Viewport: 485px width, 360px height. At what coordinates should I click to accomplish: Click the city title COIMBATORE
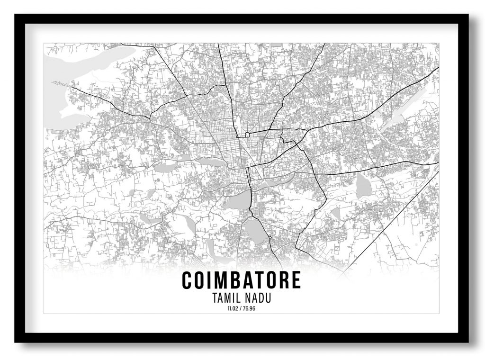coord(241,280)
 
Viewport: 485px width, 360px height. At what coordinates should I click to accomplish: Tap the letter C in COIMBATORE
coord(187,280)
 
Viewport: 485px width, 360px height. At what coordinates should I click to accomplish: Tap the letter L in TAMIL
coord(240,299)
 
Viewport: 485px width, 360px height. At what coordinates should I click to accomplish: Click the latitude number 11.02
coord(233,309)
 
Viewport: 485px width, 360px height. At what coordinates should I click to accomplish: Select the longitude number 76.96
coord(250,309)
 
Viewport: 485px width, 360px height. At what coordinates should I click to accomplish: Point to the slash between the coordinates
coord(241,309)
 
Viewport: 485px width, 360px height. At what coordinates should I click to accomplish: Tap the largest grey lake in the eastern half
coord(364,186)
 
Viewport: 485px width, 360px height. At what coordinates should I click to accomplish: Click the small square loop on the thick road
coord(247,135)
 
